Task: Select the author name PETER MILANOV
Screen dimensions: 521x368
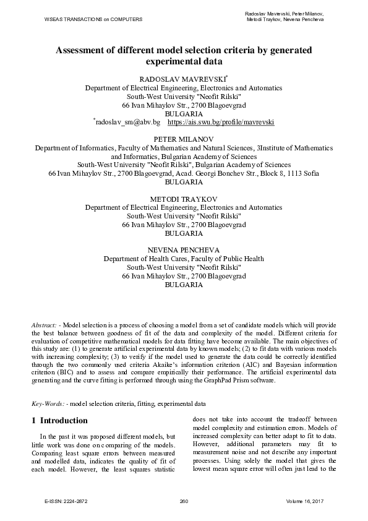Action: [184, 140]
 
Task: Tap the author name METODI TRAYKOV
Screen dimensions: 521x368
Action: [184, 199]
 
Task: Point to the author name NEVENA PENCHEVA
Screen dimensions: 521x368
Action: [184, 249]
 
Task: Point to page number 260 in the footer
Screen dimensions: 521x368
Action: [183, 501]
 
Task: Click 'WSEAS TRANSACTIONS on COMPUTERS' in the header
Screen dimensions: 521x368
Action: [93, 19]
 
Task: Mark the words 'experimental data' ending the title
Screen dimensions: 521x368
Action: [184, 61]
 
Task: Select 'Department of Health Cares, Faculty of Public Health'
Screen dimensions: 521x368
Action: [184, 259]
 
